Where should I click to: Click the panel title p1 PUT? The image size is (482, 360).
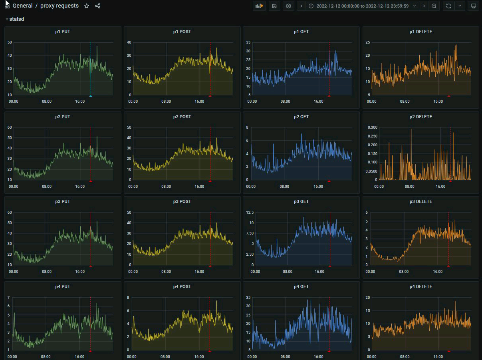point(63,32)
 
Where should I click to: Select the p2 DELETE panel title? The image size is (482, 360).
point(421,117)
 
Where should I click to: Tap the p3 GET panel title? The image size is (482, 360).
point(301,201)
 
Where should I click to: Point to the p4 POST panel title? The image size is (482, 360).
point(182,286)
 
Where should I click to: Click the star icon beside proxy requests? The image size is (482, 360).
point(87,6)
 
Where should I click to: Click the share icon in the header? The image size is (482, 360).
point(98,6)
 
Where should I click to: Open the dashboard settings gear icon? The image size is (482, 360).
point(288,6)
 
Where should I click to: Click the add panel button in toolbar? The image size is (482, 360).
point(260,6)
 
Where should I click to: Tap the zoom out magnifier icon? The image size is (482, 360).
point(434,6)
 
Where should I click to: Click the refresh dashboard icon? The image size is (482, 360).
point(448,6)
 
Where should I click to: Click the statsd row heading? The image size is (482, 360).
point(16,19)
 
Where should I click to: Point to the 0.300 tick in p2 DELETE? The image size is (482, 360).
point(372,127)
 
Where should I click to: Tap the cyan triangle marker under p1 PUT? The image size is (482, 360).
point(91,96)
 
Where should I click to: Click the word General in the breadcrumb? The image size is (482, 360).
point(22,6)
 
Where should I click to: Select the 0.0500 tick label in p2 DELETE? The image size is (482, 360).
point(371,171)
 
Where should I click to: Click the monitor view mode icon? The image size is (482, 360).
point(474,6)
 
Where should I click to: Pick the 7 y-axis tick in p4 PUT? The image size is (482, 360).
point(9,298)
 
